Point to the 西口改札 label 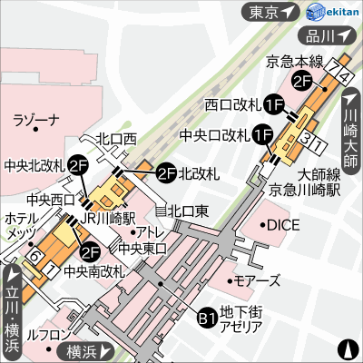[233, 105]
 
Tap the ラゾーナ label [35, 120]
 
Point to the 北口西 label [116, 138]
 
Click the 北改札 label [199, 172]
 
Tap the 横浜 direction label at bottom [86, 350]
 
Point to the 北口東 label [188, 210]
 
